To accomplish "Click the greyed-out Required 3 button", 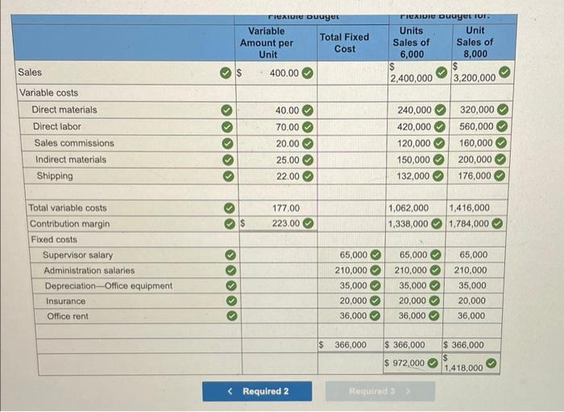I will (x=380, y=391).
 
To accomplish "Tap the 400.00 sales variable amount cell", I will (x=284, y=73).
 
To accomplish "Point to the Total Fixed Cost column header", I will (x=344, y=43).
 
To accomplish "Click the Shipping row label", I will (x=54, y=176).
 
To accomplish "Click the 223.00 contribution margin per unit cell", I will (x=285, y=223).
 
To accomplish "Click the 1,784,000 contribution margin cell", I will (x=468, y=223).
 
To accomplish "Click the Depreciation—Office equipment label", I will (x=108, y=285).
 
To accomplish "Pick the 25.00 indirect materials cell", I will (x=286, y=160).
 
